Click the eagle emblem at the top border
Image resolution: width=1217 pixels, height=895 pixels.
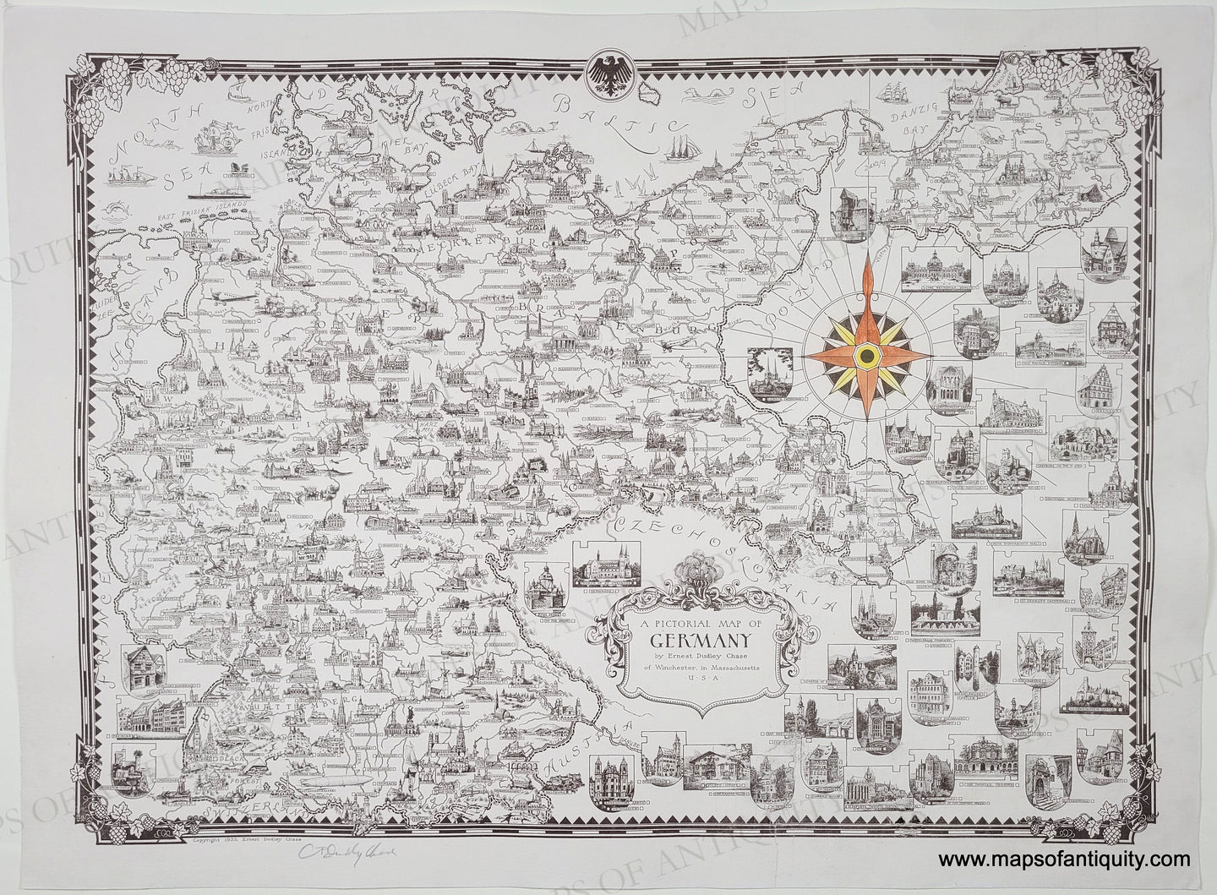(608, 74)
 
